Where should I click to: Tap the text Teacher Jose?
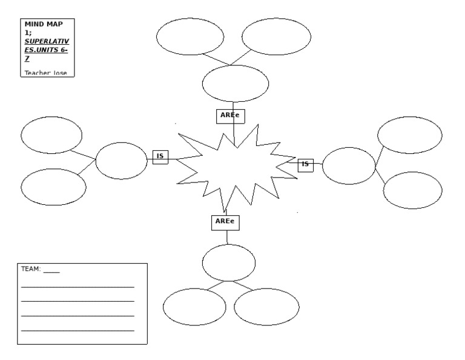[x=45, y=73]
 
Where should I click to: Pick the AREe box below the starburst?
[x=225, y=222]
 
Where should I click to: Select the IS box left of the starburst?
[x=160, y=156]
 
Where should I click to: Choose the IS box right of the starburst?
[x=306, y=164]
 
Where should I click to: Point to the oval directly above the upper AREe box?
[x=235, y=84]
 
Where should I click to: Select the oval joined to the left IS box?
[x=121, y=161]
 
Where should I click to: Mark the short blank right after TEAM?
[x=51, y=271]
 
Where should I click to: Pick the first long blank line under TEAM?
[x=77, y=286]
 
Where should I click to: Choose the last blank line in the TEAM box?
[x=77, y=330]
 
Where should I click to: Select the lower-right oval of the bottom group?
[x=266, y=307]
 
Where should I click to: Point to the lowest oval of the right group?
[x=413, y=190]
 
